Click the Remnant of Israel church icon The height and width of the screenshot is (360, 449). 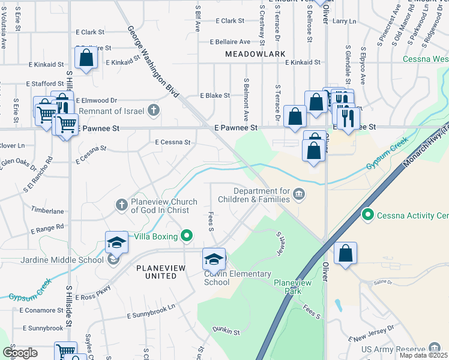click(x=154, y=109)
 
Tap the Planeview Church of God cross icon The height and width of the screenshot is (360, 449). click(x=121, y=206)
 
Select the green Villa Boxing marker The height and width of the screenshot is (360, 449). click(x=187, y=236)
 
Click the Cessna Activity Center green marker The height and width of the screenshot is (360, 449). click(x=367, y=214)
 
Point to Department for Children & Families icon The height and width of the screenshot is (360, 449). click(x=299, y=193)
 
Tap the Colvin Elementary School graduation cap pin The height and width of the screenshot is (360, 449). click(x=214, y=259)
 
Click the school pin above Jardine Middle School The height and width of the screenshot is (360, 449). click(x=116, y=242)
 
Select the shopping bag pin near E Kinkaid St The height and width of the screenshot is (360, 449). click(x=86, y=58)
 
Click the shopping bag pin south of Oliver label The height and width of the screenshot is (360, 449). click(x=345, y=253)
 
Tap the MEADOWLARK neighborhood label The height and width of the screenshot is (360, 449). click(x=247, y=54)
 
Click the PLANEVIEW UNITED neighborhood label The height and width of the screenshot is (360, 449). click(x=155, y=272)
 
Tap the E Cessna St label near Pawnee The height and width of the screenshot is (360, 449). click(x=172, y=143)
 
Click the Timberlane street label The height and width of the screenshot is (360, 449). click(x=48, y=211)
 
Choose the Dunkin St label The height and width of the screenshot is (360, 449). click(x=226, y=331)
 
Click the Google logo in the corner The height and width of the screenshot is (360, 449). click(x=19, y=353)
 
